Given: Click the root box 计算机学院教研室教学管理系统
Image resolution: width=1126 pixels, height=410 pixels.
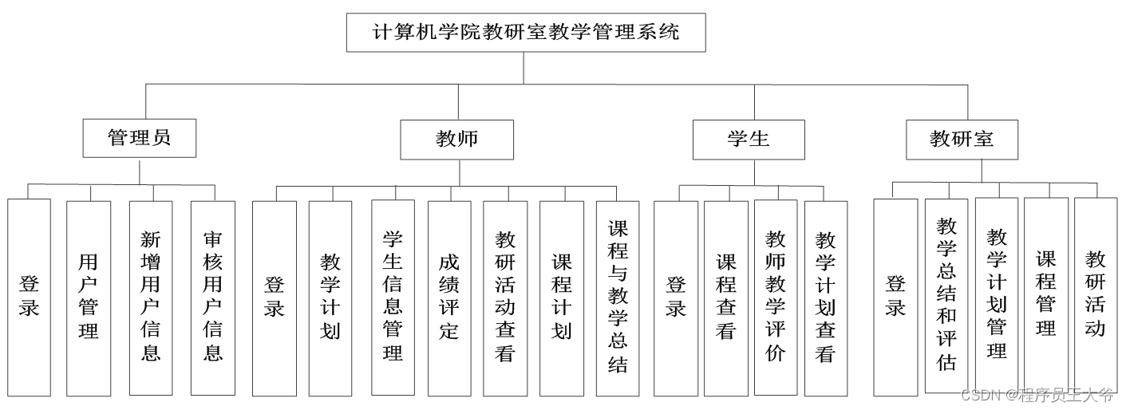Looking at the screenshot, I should (526, 33).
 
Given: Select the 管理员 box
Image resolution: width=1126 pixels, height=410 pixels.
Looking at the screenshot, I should (139, 138).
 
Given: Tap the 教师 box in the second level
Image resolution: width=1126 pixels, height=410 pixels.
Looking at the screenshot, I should (456, 139).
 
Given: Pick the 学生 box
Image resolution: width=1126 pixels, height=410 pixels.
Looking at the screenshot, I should (748, 139).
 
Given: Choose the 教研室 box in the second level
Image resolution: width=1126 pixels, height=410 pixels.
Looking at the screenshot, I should (962, 139).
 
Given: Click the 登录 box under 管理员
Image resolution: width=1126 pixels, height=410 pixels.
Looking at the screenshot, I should (29, 297).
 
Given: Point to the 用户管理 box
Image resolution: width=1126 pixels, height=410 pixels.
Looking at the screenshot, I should (88, 297).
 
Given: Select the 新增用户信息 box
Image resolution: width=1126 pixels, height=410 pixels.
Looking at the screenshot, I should (151, 297).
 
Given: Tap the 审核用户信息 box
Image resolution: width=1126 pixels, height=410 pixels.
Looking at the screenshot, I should (213, 297).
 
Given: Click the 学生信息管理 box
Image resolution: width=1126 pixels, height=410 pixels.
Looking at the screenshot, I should (393, 297).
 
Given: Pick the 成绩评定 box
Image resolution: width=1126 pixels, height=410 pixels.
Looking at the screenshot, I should (448, 297).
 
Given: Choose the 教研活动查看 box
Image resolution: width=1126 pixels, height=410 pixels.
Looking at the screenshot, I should (504, 297).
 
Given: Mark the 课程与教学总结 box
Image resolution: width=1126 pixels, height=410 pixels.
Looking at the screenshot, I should (617, 297).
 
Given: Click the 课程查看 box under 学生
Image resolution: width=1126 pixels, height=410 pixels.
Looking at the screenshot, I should (725, 297).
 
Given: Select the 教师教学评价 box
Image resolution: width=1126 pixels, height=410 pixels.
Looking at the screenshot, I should (775, 297).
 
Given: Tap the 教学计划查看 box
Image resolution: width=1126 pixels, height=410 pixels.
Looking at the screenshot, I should (825, 297).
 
